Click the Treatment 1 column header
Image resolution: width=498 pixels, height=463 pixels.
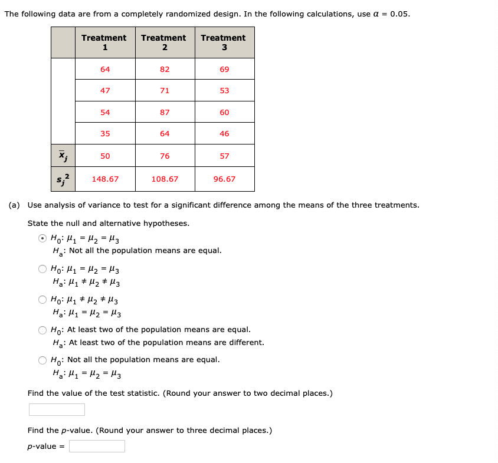(104, 42)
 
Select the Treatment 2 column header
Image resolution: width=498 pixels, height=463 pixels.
(164, 42)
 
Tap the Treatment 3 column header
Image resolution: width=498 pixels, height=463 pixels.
(224, 42)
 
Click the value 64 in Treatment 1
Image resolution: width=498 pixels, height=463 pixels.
(105, 69)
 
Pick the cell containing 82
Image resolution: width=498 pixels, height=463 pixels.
(165, 69)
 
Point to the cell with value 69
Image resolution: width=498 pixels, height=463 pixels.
(224, 69)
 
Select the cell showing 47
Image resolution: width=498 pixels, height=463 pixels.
(105, 90)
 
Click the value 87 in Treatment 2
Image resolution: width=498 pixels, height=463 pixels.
(165, 112)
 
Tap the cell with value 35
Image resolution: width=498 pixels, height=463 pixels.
(105, 133)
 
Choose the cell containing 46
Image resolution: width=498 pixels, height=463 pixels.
(224, 133)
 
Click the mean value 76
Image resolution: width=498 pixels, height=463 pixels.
(165, 156)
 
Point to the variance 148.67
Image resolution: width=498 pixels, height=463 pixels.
(105, 179)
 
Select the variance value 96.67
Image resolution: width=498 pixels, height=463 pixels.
(224, 179)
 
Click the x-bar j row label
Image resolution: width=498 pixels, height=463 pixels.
(63, 156)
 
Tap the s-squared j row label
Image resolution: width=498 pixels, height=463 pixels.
(63, 179)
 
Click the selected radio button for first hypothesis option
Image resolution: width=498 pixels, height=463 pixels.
(42, 239)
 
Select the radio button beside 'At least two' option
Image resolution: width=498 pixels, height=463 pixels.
(42, 330)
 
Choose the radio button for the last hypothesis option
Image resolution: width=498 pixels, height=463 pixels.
(42, 360)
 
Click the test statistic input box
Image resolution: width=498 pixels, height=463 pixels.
(57, 409)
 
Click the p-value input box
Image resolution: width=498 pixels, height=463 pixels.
(97, 446)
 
